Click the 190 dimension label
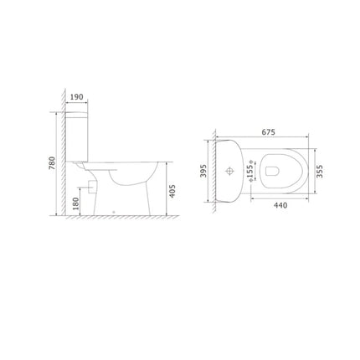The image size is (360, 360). click(x=76, y=97)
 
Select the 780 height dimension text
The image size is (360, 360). click(x=52, y=163)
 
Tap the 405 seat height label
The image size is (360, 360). click(x=172, y=191)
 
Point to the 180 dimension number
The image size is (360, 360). click(x=75, y=203)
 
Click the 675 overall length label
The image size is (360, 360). click(x=268, y=132)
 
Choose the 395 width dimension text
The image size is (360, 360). click(x=203, y=171)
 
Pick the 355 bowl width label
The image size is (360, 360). click(x=320, y=171)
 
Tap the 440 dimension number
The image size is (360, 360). click(x=280, y=205)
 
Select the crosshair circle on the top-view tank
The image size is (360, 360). click(x=229, y=171)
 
